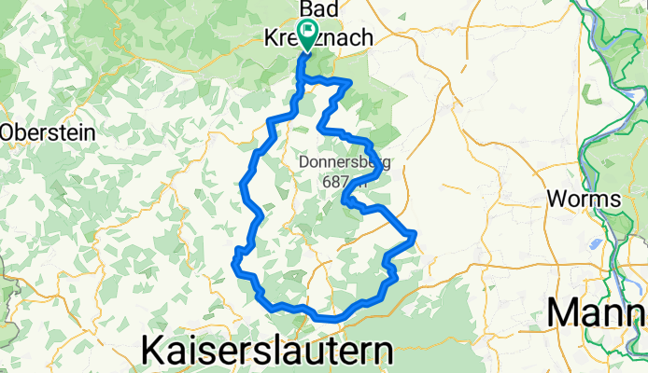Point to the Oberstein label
click(48, 132)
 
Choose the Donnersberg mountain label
click(345, 161)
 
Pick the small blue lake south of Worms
click(595, 244)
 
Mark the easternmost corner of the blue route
click(414, 232)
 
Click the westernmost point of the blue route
click(232, 265)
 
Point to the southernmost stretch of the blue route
click(327, 318)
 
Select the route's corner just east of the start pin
click(349, 83)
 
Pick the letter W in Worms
click(554, 199)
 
